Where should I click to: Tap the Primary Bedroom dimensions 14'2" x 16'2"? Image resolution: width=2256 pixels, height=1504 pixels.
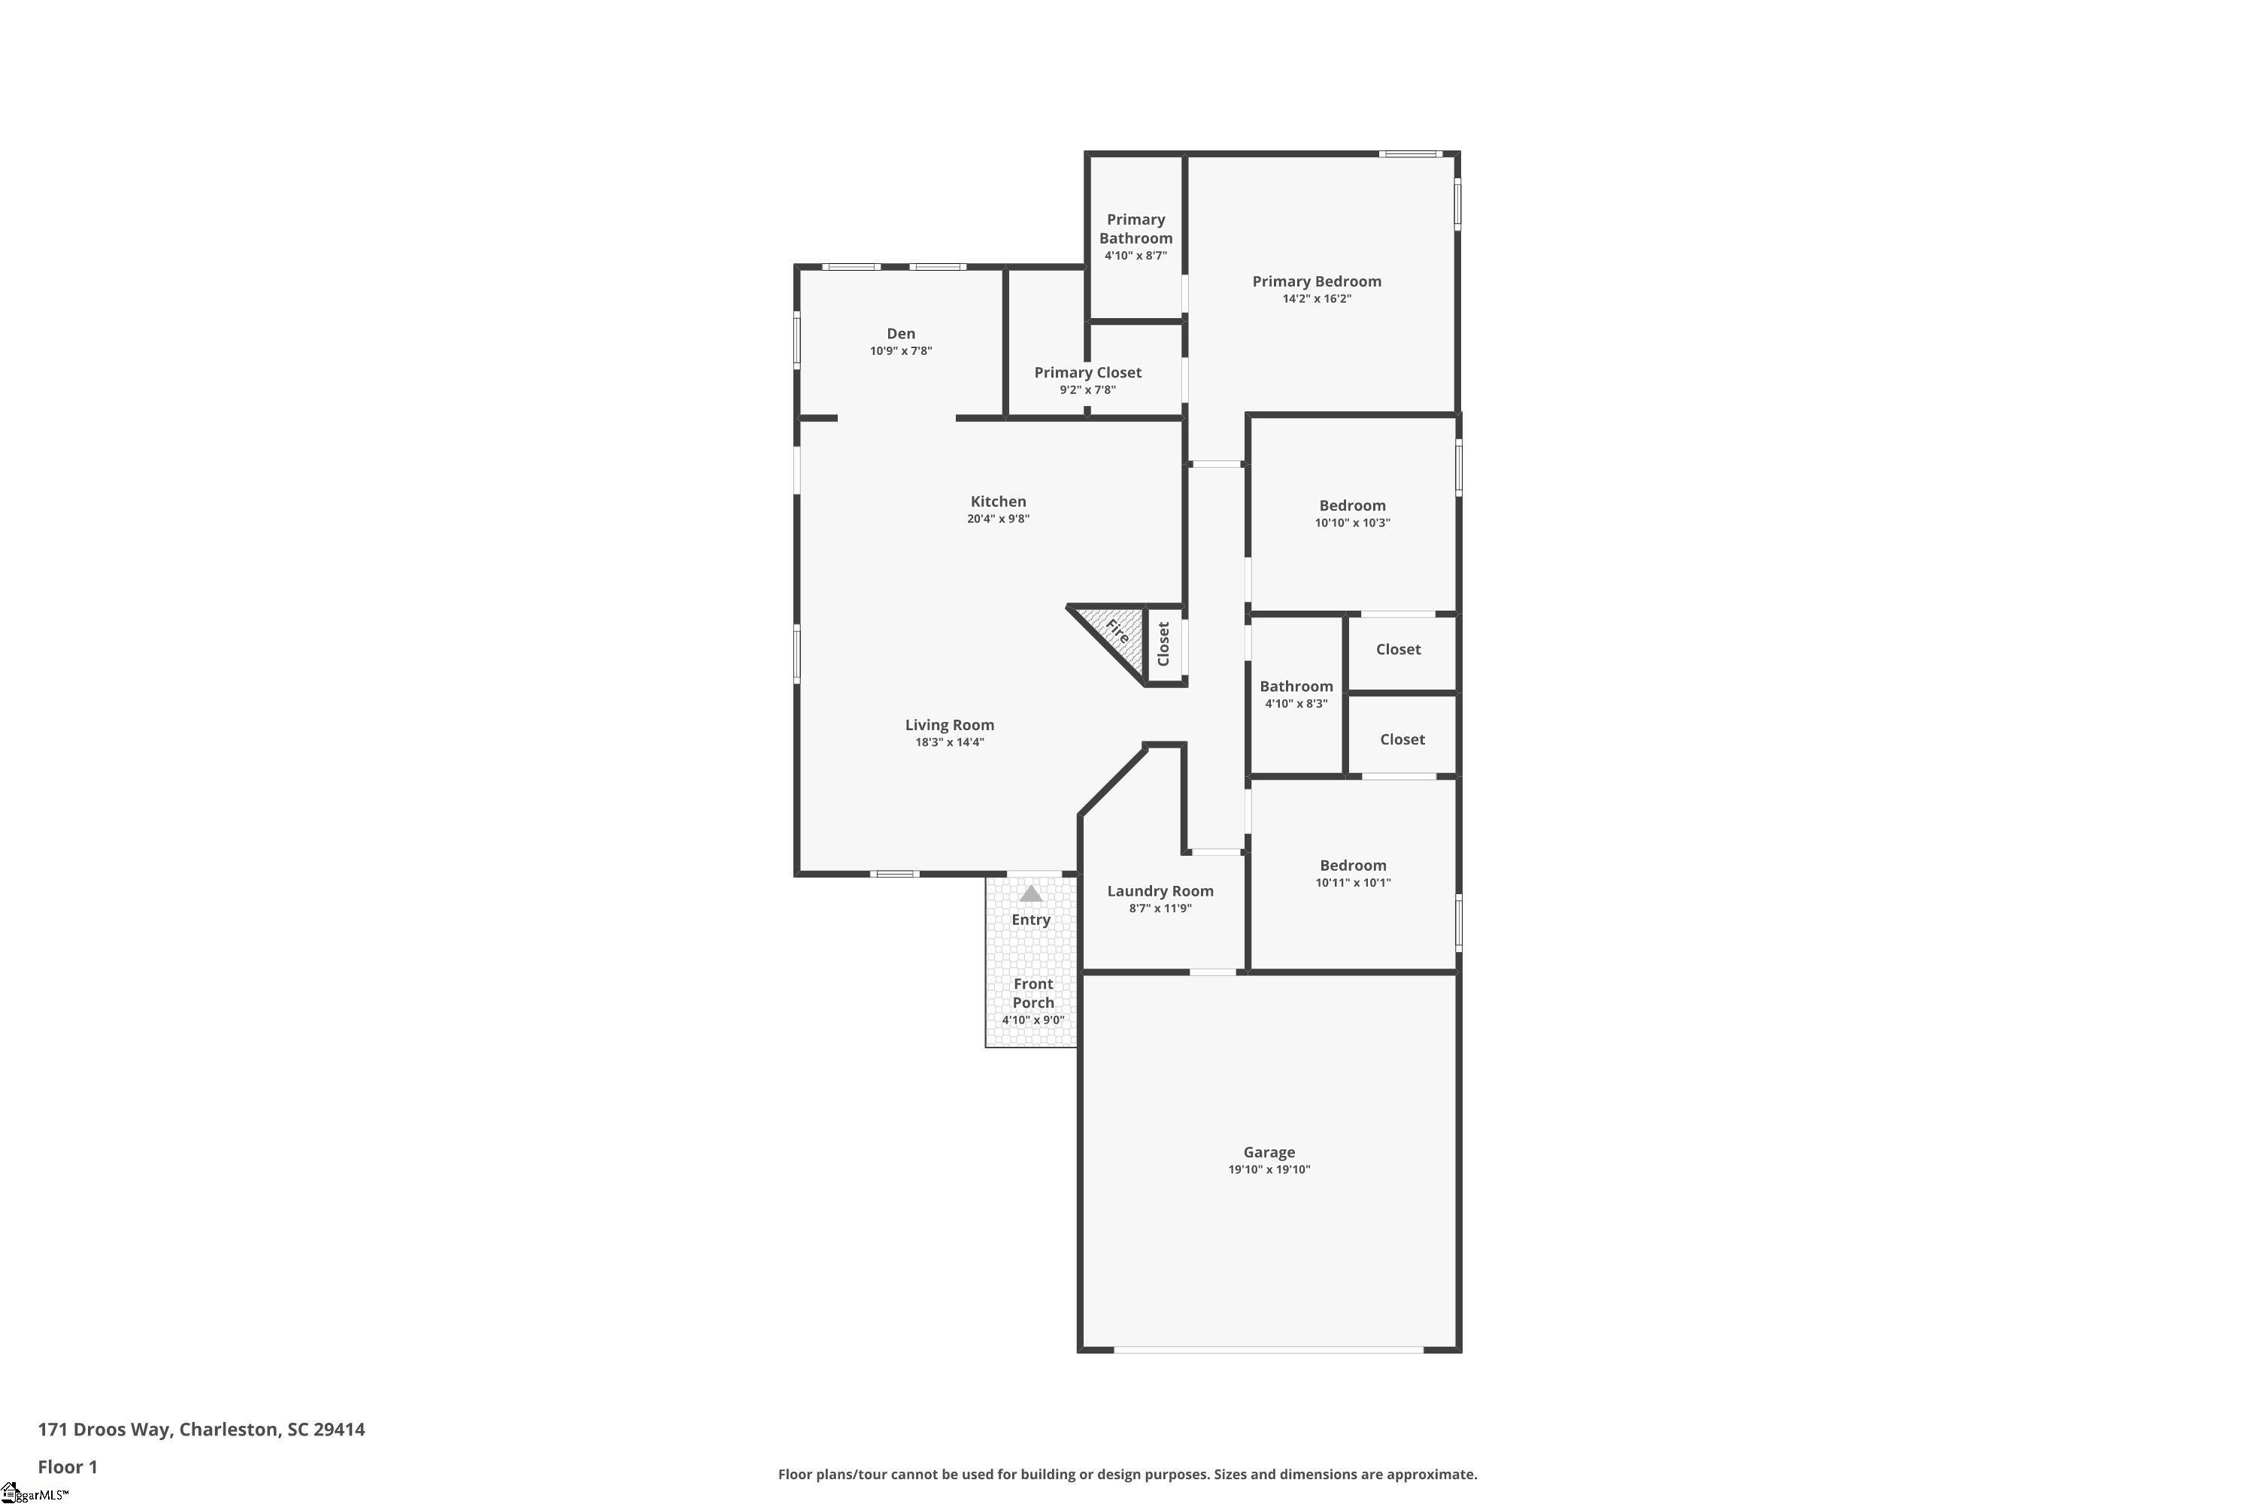tap(1316, 299)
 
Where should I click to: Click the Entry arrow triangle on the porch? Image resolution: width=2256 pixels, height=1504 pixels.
tap(1030, 893)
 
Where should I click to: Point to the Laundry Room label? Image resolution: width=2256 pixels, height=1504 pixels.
tap(1160, 891)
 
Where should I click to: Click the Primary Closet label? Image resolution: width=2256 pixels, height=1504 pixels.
tap(1087, 372)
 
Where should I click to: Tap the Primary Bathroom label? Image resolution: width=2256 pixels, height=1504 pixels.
tap(1136, 229)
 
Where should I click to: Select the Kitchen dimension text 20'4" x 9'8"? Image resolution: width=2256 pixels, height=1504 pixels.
tap(998, 519)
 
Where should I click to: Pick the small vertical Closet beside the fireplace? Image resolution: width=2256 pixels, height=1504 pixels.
tap(1163, 644)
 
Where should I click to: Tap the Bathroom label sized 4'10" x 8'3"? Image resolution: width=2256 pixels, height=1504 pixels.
tap(1296, 686)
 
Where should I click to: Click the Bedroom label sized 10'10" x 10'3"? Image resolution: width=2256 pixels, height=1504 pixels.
tap(1351, 505)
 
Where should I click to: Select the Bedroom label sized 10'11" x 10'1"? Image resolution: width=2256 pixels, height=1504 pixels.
tap(1352, 866)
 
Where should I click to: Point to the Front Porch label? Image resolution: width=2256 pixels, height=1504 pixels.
tap(1033, 993)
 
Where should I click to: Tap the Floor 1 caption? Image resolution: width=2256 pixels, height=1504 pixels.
tap(67, 1466)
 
